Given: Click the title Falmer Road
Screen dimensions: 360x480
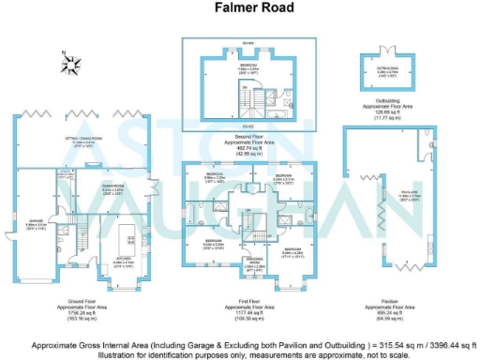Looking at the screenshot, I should pyautogui.click(x=240, y=8).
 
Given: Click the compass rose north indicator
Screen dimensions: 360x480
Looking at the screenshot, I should pyautogui.click(x=70, y=65).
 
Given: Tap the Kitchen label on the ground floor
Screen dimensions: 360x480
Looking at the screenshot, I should pyautogui.click(x=124, y=262).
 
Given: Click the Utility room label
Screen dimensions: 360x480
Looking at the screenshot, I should pyautogui.click(x=65, y=174).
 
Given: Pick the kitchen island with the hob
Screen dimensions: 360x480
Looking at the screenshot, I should pyautogui.click(x=125, y=232).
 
